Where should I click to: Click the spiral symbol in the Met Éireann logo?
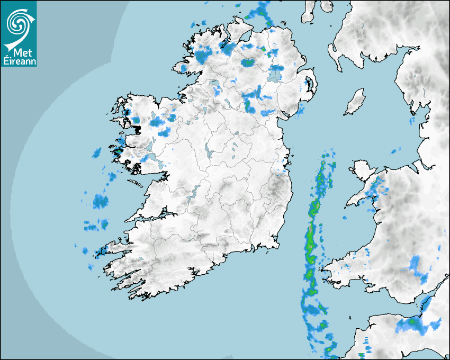tap(17, 22)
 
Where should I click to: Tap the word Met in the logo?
tap(20, 52)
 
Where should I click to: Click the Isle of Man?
tap(355, 102)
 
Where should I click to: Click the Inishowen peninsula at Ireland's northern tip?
tap(239, 32)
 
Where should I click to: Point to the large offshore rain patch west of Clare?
tap(101, 201)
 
